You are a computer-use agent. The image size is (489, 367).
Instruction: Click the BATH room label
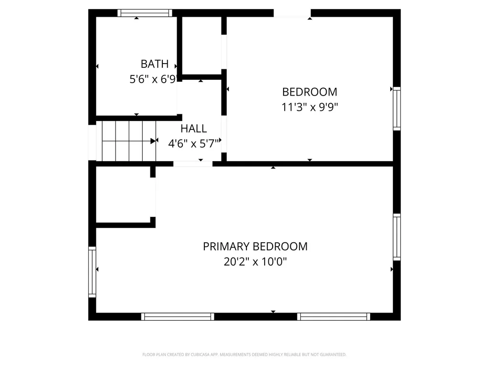154,64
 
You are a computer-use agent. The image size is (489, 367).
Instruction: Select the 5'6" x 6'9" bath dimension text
153,79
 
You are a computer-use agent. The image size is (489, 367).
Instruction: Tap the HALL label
193,129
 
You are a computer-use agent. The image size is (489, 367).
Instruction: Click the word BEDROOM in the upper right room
309,92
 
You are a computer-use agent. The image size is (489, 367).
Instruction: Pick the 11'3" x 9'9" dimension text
309,107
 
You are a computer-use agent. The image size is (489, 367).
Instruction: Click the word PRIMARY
225,247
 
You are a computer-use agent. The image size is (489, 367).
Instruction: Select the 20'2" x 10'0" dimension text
255,261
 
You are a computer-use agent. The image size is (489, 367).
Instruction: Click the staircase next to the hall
129,141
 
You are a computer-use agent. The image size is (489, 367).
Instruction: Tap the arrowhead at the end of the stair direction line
153,141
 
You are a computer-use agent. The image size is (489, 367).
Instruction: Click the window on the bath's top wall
145,13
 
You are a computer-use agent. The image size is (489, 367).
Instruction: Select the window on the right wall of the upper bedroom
397,108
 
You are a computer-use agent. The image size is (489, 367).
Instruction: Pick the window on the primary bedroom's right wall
397,237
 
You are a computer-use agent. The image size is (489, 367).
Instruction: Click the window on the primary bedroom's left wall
92,272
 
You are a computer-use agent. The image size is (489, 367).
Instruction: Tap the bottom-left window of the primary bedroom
178,317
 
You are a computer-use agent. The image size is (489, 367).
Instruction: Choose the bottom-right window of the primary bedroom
334,317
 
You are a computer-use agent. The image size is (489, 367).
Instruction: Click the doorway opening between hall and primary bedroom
193,164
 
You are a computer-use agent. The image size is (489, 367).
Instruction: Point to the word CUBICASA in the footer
200,355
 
